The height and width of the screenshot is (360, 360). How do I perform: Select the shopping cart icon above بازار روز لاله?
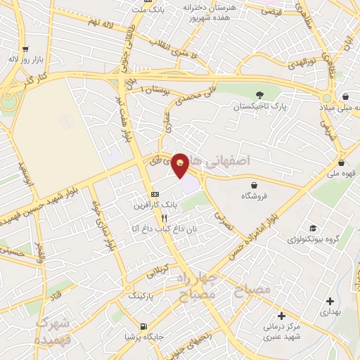[25, 49]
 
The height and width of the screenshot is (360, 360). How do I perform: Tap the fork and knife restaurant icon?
[163, 218]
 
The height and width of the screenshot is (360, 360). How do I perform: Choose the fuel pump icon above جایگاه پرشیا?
[144, 326]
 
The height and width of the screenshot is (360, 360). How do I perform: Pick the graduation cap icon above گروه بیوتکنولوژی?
[312, 228]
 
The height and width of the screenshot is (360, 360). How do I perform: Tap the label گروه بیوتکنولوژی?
[312, 240]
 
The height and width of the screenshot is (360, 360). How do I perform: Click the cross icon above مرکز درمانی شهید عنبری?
[282, 316]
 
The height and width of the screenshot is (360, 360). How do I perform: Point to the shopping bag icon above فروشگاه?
[252, 186]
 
